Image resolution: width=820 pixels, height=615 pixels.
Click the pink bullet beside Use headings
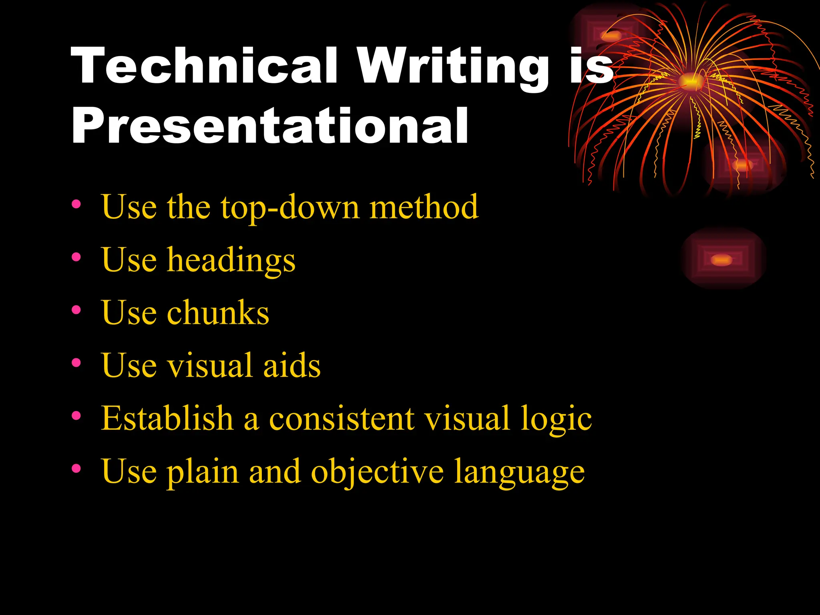click(76, 257)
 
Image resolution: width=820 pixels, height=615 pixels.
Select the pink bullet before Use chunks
click(76, 310)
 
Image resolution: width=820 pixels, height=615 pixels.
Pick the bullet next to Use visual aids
click(76, 363)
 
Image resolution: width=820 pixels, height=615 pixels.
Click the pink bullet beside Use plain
click(76, 468)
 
